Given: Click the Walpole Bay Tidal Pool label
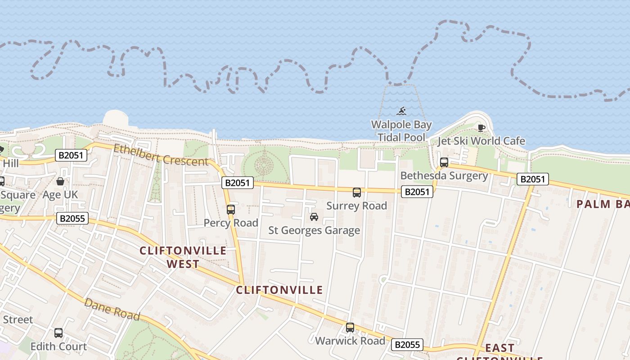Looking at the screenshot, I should tap(401, 131).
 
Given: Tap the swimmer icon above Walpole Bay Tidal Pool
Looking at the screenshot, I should tap(401, 111).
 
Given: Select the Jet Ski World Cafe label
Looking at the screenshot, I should tap(481, 141).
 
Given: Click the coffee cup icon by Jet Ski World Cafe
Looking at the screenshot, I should tap(481, 128).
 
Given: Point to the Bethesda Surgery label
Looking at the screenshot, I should tap(444, 175).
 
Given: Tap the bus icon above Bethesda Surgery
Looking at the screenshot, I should tap(444, 162).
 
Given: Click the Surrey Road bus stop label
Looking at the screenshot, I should tap(356, 206).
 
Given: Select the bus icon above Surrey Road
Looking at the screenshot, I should tap(357, 193).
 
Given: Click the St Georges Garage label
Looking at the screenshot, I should tap(314, 230).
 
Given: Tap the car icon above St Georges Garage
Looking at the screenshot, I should tap(314, 217).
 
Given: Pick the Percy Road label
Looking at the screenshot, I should tap(231, 223).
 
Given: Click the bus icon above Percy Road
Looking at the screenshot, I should tap(231, 209).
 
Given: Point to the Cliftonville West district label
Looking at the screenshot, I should tap(183, 257).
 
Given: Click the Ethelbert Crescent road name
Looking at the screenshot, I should tap(161, 154).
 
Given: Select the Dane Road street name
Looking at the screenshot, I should tap(112, 309).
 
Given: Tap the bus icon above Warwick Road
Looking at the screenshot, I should tap(350, 328).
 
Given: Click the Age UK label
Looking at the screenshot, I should tap(60, 195).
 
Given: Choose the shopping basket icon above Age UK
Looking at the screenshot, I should tap(60, 181).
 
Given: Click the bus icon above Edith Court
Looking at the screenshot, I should tap(58, 333).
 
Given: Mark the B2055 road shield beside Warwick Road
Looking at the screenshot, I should tap(407, 345).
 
